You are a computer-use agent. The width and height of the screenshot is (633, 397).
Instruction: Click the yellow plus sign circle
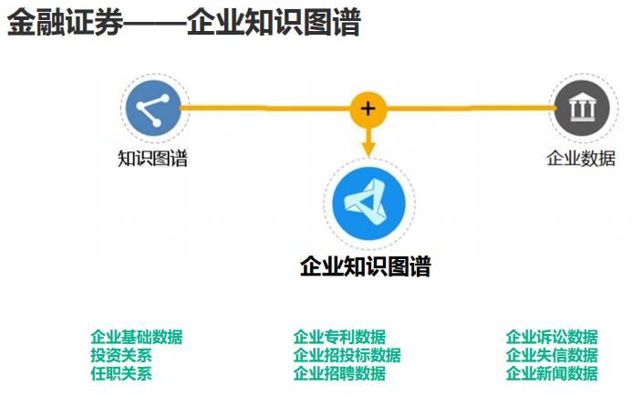click(x=368, y=109)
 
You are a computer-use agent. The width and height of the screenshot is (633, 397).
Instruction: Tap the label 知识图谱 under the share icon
click(x=152, y=159)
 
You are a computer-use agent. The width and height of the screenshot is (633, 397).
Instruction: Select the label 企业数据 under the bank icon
click(x=580, y=158)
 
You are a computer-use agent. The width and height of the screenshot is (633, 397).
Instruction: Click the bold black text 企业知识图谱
click(x=365, y=266)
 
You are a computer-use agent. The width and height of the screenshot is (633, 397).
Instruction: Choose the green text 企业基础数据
click(x=137, y=338)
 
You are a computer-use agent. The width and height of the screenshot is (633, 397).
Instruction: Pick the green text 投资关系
click(x=121, y=356)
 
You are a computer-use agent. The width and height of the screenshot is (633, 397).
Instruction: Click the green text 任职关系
click(x=121, y=373)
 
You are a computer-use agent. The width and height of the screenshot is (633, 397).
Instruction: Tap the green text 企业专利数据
click(x=339, y=338)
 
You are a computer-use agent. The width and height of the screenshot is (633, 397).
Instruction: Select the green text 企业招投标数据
click(x=347, y=356)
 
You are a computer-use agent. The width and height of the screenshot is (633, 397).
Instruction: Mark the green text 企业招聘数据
click(x=339, y=373)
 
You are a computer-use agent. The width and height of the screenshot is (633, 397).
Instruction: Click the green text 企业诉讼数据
click(x=552, y=338)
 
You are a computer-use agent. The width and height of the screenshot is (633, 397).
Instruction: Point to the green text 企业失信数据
click(x=552, y=356)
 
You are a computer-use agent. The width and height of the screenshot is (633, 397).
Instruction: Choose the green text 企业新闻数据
click(x=552, y=373)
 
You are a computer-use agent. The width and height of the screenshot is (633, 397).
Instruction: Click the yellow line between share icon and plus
click(x=265, y=109)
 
